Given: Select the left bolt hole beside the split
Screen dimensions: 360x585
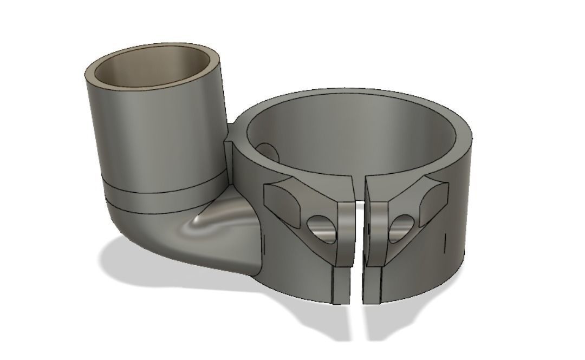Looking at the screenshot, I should (x=316, y=224).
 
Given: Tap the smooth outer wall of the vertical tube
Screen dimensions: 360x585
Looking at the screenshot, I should (x=152, y=135).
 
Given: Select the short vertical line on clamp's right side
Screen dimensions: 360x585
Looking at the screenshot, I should (x=445, y=244).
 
